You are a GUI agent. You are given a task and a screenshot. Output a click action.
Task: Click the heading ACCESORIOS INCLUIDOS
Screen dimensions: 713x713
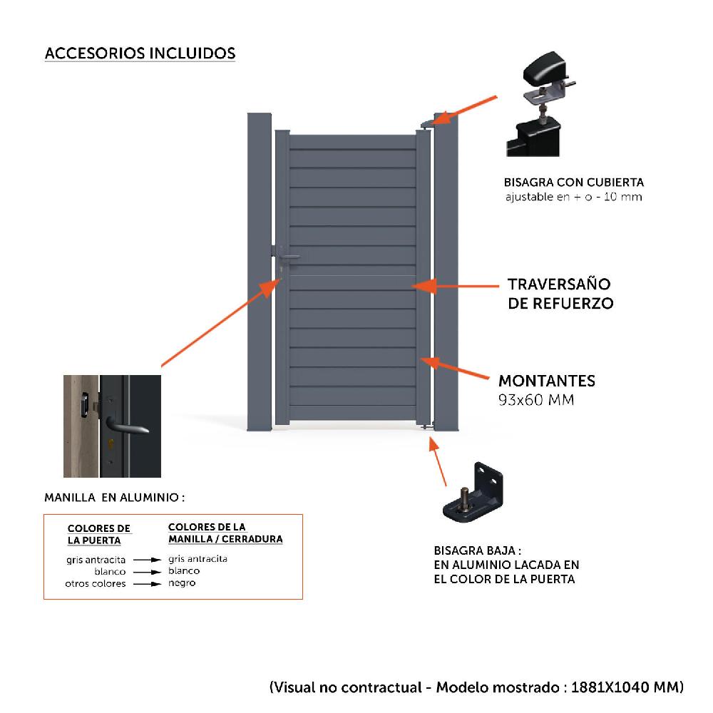coord(140,53)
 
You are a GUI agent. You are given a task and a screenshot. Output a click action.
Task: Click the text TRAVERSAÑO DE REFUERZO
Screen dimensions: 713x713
coord(560,293)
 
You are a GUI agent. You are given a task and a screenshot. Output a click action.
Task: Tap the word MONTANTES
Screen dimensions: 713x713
coord(546,381)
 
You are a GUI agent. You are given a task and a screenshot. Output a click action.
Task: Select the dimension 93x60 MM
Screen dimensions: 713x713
coord(535,400)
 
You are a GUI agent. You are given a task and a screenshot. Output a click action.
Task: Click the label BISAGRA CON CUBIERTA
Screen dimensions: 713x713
coord(573,182)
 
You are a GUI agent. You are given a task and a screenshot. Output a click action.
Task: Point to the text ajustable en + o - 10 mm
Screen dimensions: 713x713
coord(573,196)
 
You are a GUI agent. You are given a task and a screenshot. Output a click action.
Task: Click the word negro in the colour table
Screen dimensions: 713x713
coord(182,583)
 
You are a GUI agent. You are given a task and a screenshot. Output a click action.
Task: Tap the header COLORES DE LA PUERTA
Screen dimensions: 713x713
coord(99,534)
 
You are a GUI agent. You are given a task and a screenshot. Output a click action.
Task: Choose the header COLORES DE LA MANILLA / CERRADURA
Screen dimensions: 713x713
coord(225,533)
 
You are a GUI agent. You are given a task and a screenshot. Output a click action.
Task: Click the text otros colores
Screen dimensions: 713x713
coord(96,583)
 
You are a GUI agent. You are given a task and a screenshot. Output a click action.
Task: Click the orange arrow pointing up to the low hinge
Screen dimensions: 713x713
coord(438,463)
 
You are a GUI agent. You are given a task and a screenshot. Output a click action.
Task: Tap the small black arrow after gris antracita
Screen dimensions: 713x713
coord(148,560)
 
